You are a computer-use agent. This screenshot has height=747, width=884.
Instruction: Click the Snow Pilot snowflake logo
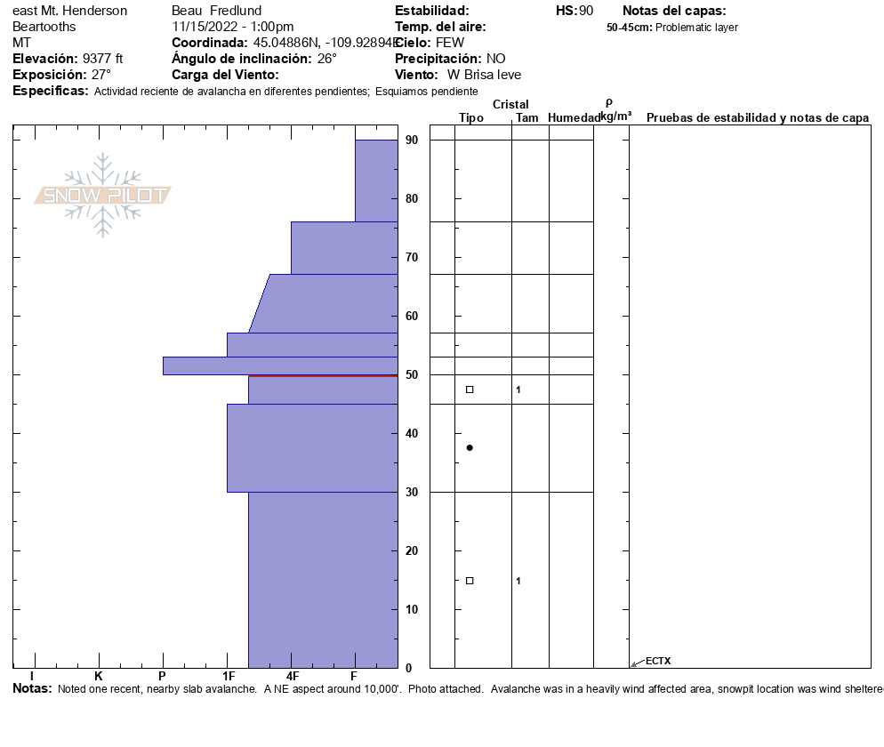point(103,195)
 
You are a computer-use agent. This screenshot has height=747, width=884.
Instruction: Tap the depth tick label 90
point(412,140)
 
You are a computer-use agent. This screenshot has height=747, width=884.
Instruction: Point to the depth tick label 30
point(412,492)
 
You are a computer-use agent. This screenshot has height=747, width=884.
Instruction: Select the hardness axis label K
point(98,678)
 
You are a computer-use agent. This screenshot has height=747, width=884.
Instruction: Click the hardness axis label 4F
point(292,678)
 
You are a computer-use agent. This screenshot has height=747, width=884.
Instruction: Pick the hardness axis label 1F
point(228,678)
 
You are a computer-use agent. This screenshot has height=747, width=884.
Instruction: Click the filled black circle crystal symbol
point(470,447)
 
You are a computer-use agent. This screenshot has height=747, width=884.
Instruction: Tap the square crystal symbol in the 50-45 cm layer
point(470,390)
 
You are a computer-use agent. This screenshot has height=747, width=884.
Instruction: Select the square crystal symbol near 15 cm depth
point(470,581)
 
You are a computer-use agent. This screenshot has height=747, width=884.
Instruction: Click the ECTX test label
point(658,661)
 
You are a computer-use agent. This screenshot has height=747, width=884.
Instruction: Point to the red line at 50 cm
point(323,376)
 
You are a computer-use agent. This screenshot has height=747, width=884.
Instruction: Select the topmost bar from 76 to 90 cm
point(376,181)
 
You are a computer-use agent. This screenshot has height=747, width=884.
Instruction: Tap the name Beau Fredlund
point(209,11)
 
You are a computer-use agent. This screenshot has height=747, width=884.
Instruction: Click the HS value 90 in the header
point(586,11)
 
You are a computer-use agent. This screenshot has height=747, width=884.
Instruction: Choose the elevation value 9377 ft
point(102,59)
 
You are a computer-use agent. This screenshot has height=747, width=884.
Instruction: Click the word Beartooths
point(44,27)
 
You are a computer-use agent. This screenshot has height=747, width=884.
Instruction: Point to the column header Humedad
point(574,118)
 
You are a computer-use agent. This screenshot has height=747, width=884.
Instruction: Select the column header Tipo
point(471,118)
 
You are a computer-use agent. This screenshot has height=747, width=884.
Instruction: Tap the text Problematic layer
point(696,28)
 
